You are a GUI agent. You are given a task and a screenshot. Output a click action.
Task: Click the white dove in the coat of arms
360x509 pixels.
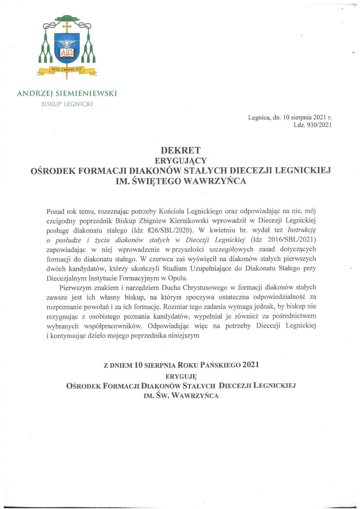tap(67, 44)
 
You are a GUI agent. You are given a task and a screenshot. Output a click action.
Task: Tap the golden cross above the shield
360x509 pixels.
tap(67, 28)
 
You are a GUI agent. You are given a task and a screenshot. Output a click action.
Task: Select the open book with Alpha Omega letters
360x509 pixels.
tap(67, 53)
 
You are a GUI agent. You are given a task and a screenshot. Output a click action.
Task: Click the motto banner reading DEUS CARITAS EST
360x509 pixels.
tap(67, 70)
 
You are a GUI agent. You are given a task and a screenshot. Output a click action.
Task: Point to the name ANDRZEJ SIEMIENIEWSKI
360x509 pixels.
tap(67, 93)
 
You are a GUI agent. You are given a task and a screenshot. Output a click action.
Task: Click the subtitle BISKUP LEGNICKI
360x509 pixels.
tap(67, 104)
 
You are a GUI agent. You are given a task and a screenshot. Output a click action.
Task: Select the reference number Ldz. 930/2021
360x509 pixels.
tap(313, 125)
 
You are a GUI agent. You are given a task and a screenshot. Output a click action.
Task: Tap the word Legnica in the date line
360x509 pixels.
tap(259, 117)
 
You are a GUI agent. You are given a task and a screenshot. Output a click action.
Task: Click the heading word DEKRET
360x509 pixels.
tap(180, 150)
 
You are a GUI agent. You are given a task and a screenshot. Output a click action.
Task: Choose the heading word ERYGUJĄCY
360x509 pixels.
tap(180, 160)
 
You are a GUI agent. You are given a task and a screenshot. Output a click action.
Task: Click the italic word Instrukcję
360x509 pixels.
tap(301, 230)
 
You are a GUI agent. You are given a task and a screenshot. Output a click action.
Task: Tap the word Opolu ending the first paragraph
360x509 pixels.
tap(178, 278)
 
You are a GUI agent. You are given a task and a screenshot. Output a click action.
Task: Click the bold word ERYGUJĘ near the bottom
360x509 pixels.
tap(181, 376)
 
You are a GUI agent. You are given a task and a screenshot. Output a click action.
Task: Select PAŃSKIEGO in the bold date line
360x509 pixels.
tap(215, 365)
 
